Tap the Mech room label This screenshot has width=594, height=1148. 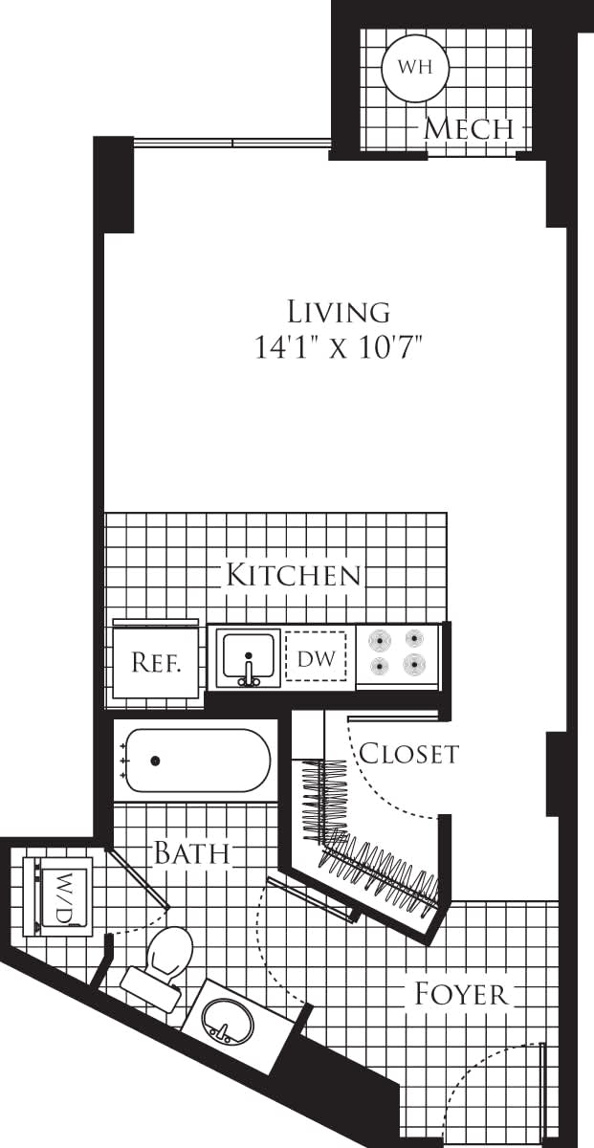tap(469, 128)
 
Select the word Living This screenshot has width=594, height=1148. tap(339, 312)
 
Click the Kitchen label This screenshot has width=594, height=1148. tap(293, 575)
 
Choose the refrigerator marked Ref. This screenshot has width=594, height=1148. tap(156, 661)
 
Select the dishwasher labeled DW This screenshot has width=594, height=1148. tap(316, 658)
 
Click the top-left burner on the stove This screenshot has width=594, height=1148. tap(380, 639)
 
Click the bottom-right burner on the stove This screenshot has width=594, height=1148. tap(414, 665)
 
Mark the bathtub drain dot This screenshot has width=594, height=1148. tap(155, 762)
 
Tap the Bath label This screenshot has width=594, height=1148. tap(192, 852)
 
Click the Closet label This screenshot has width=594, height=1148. tap(408, 754)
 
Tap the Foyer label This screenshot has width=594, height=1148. tap(460, 994)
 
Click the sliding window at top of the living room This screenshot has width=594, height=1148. tap(232, 144)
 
